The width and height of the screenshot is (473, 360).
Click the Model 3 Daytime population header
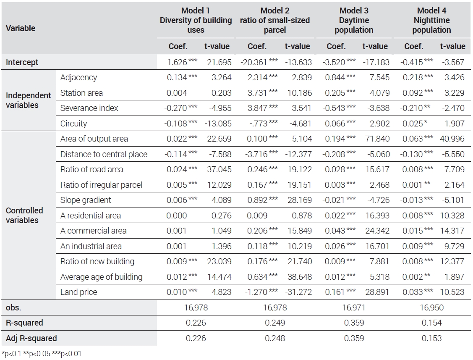[x=354, y=20]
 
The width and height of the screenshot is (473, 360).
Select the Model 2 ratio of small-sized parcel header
[x=275, y=20]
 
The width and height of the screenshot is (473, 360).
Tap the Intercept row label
[x=22, y=62]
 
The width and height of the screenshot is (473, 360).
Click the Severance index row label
[x=89, y=108]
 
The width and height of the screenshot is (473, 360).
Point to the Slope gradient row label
[x=86, y=200]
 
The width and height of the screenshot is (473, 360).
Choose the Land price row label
[x=79, y=292]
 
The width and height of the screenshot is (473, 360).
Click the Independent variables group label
[x=29, y=100]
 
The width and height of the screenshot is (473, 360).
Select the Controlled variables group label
[x=24, y=215]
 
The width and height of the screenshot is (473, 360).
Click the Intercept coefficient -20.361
[x=253, y=62]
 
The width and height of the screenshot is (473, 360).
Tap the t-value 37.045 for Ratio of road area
[x=220, y=169]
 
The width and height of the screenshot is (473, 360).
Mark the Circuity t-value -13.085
[x=218, y=124]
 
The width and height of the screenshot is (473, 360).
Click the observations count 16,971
[x=354, y=307]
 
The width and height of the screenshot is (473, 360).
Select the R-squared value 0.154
[x=432, y=323]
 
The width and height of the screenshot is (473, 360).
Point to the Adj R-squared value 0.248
[x=275, y=338]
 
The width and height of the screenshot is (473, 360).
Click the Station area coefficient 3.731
[x=257, y=93]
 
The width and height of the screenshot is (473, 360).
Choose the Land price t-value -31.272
[x=298, y=292]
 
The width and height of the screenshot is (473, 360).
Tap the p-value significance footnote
[x=41, y=354]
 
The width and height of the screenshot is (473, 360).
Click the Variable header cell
[x=21, y=28]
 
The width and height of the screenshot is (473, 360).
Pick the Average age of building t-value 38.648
[x=300, y=277]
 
